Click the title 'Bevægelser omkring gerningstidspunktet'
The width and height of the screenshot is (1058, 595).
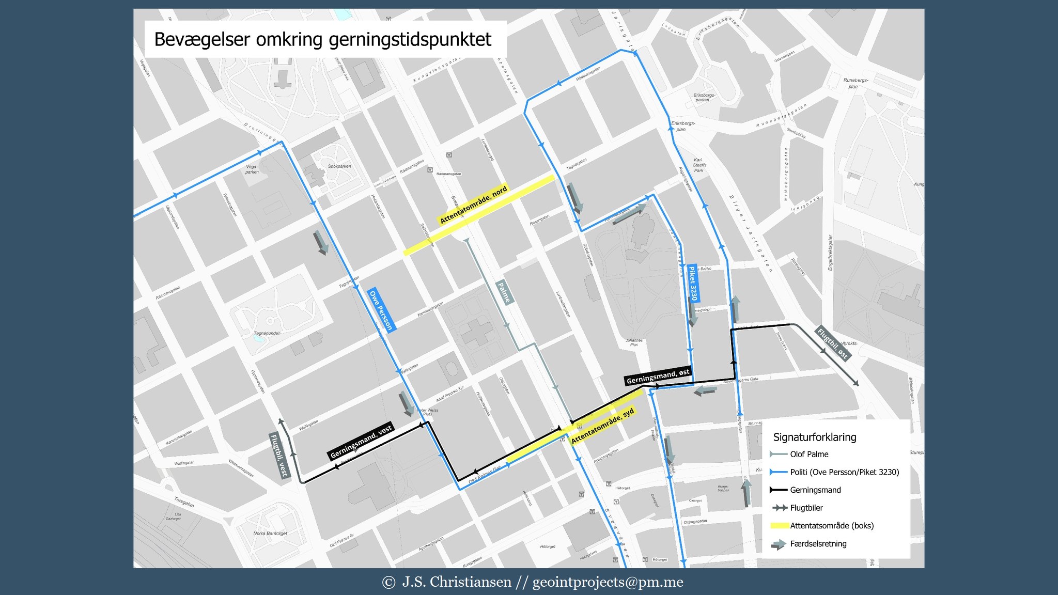tap(323, 40)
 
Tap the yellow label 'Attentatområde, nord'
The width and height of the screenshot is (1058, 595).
tap(473, 205)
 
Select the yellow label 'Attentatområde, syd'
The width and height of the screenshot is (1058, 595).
tap(602, 427)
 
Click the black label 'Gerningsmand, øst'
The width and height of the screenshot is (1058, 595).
tap(657, 377)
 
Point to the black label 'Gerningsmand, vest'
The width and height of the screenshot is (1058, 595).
tap(361, 442)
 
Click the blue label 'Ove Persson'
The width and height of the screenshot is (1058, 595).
tap(382, 310)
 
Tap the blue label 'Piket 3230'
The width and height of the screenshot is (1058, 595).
tap(694, 283)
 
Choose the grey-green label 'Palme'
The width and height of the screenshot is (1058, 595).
tap(504, 292)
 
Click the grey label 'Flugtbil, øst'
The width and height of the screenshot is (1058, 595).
tap(832, 343)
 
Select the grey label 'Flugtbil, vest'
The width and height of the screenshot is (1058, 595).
tap(279, 456)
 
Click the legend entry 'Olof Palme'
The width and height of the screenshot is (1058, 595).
tap(809, 455)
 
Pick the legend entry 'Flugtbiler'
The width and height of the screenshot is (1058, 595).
tap(806, 508)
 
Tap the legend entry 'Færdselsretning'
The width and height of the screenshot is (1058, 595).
tap(818, 544)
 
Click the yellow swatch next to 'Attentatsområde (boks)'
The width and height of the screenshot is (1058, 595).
tap(779, 526)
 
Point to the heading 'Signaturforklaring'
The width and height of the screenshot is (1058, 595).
tap(814, 437)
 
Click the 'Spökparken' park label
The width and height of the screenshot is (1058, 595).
tap(339, 166)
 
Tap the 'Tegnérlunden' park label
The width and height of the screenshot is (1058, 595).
tap(267, 333)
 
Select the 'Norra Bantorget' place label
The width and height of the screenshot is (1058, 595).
tap(270, 534)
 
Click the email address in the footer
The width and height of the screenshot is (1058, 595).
tap(608, 582)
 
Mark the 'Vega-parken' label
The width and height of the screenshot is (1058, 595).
tap(252, 169)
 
